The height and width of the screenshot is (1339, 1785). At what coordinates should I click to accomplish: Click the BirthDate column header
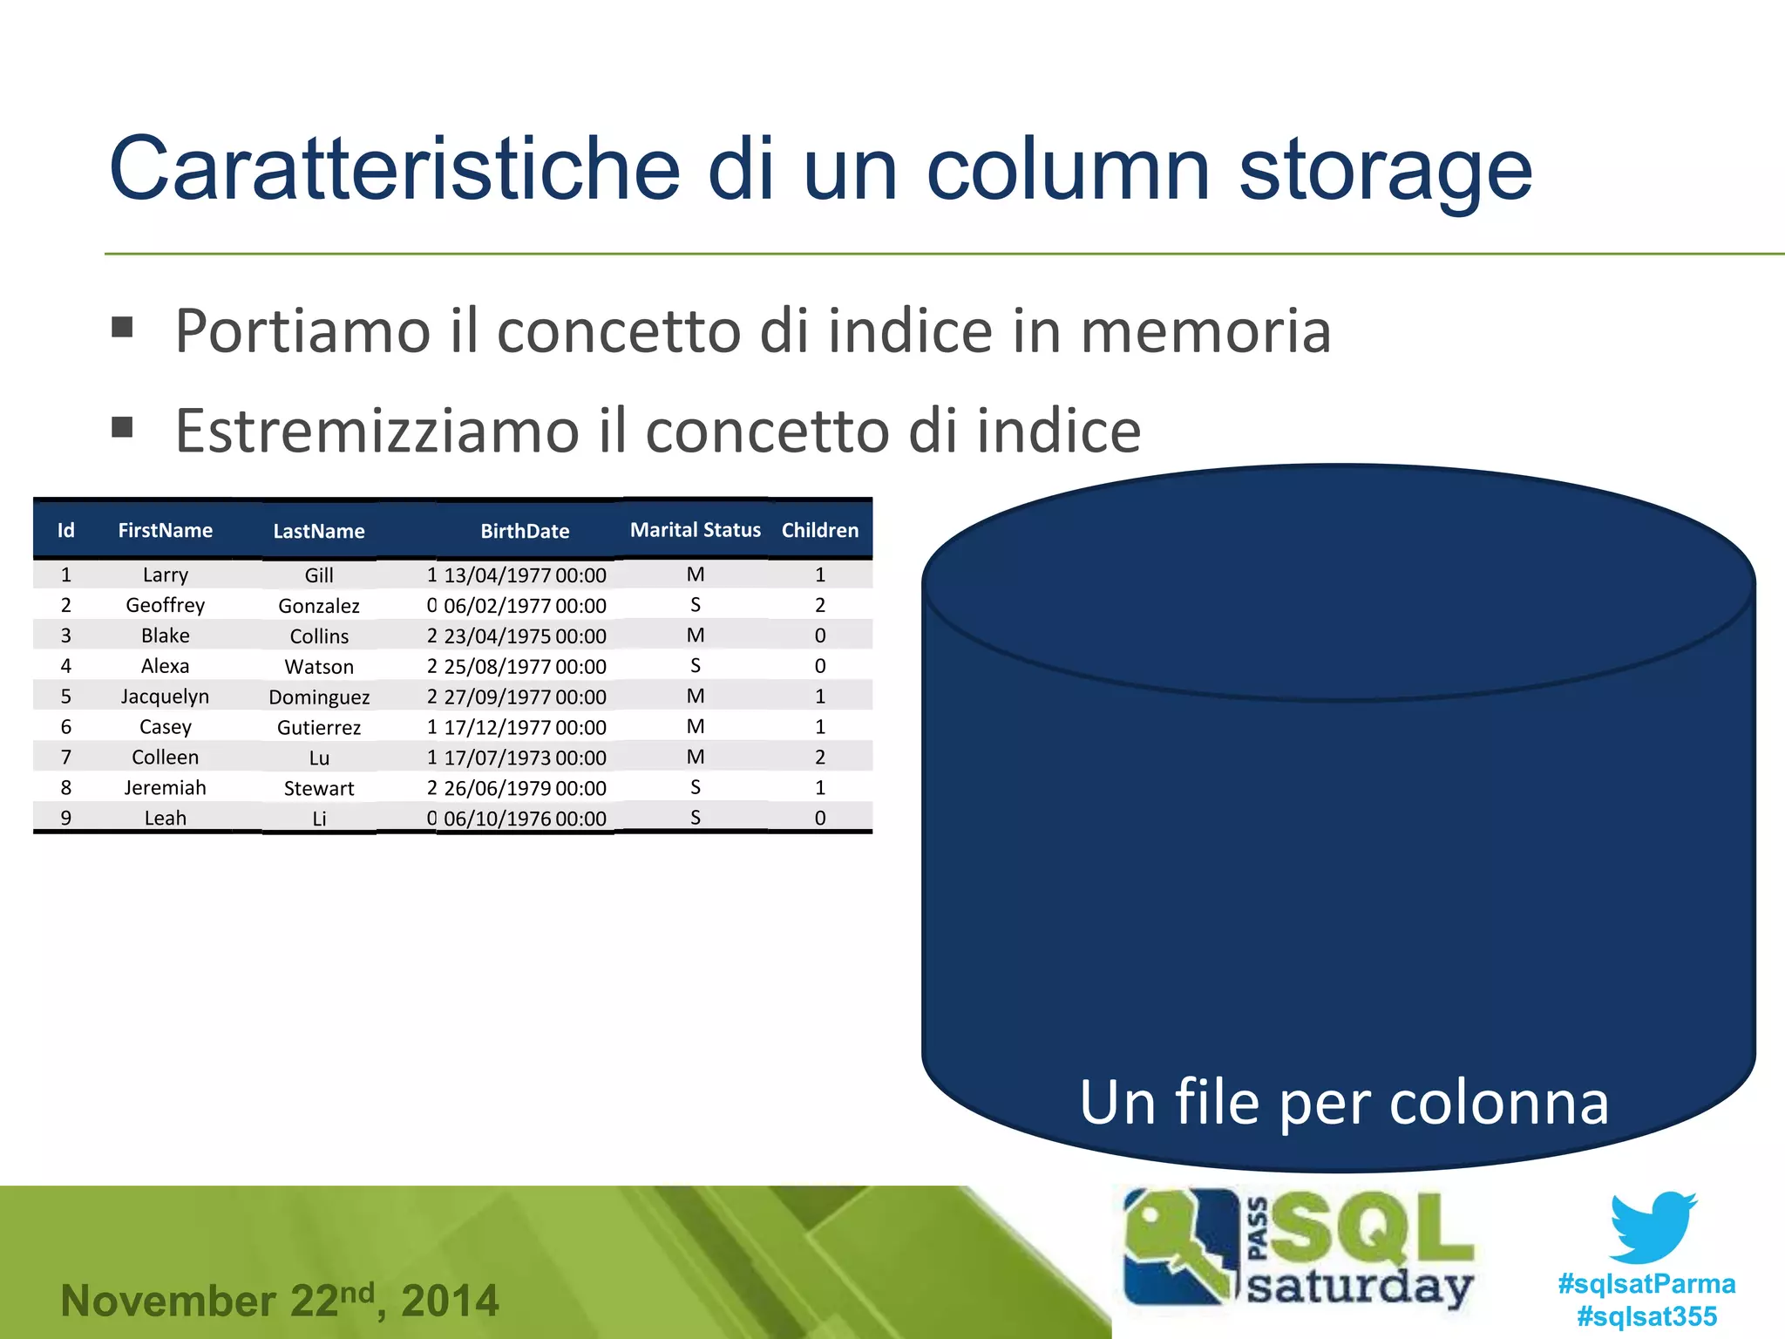click(525, 531)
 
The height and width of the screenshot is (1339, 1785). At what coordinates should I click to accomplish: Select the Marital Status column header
click(695, 530)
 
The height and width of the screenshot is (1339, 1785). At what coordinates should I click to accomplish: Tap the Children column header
click(819, 530)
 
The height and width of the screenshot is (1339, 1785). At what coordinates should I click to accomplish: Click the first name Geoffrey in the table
click(165, 605)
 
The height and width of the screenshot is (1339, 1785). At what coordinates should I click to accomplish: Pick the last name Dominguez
click(319, 697)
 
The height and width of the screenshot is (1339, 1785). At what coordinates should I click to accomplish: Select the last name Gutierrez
click(319, 728)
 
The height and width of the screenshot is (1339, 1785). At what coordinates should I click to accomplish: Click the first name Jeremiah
click(165, 788)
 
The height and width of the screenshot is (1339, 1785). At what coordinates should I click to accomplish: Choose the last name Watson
click(319, 667)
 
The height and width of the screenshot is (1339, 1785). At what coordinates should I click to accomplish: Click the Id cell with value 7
click(65, 758)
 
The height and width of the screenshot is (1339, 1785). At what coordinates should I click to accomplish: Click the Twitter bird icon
click(1653, 1227)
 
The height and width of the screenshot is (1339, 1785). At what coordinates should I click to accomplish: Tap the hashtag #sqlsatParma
click(1646, 1284)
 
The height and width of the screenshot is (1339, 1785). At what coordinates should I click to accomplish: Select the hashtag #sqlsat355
click(1646, 1316)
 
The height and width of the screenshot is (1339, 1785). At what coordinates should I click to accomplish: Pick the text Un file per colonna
click(1343, 1103)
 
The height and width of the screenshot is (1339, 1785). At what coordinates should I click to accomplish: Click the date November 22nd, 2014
click(280, 1300)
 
